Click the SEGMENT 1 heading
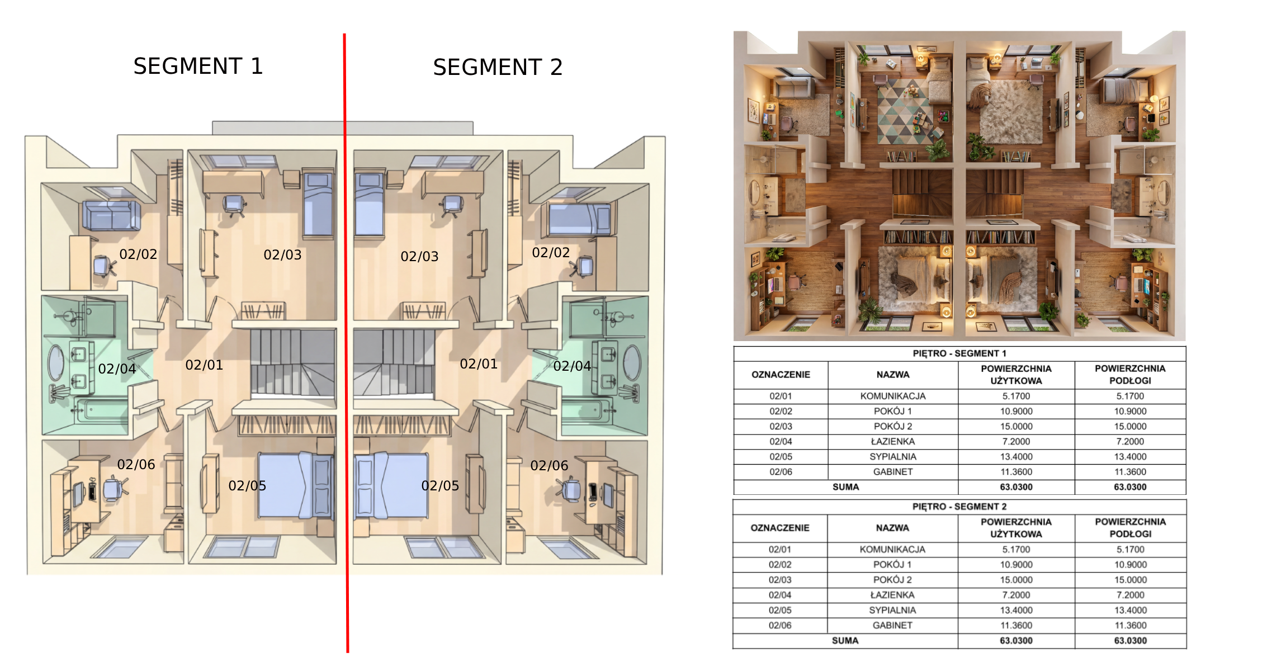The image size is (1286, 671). tap(198, 66)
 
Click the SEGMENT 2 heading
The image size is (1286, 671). tap(498, 67)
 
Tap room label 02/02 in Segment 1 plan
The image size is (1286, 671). tap(138, 254)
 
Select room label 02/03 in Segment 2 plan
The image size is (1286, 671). tap(419, 257)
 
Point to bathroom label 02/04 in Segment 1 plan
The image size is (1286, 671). tap(117, 369)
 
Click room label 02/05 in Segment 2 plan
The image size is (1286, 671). tap(440, 486)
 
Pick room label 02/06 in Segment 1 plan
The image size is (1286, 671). tap(136, 465)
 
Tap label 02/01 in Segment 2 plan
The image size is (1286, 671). tap(479, 364)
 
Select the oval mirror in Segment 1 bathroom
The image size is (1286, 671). tap(56, 363)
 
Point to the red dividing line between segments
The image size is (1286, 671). tap(346, 343)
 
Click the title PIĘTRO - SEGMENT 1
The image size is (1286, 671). tap(959, 353)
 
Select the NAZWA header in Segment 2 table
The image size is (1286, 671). tap(892, 528)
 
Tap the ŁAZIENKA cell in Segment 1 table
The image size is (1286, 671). tap(893, 442)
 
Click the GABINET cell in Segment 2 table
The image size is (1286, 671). tap(892, 626)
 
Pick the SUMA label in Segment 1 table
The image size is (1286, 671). tap(845, 487)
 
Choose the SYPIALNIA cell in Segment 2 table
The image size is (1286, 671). tap(892, 611)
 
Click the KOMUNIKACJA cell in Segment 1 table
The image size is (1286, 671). tap(893, 396)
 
